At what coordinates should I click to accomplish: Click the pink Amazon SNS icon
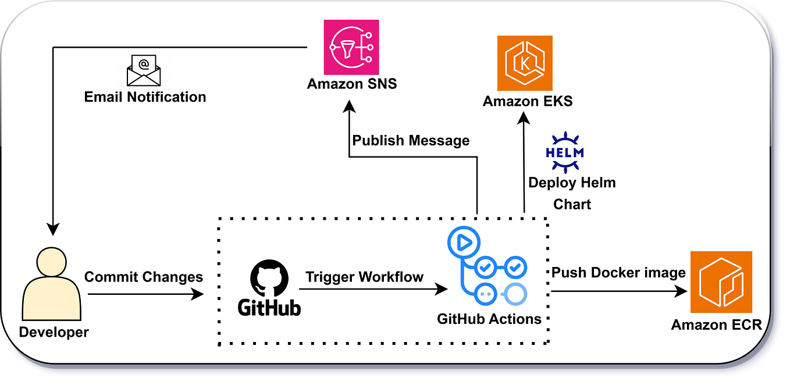[351, 47]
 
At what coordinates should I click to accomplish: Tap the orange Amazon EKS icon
[525, 63]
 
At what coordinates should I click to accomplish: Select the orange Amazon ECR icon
[721, 282]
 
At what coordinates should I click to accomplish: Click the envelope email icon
[144, 70]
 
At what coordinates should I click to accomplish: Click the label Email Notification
[145, 97]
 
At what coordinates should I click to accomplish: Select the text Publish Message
[411, 140]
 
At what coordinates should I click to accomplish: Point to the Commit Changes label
[144, 277]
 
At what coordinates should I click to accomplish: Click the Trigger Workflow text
[365, 277]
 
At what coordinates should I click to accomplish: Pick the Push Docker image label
[618, 272]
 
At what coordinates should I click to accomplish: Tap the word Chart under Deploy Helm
[572, 204]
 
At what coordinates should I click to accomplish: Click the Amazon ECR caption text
[716, 325]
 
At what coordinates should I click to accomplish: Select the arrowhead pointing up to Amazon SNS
[349, 108]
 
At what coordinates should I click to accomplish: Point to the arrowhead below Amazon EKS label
[524, 119]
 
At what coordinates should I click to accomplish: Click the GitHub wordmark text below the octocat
[269, 306]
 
